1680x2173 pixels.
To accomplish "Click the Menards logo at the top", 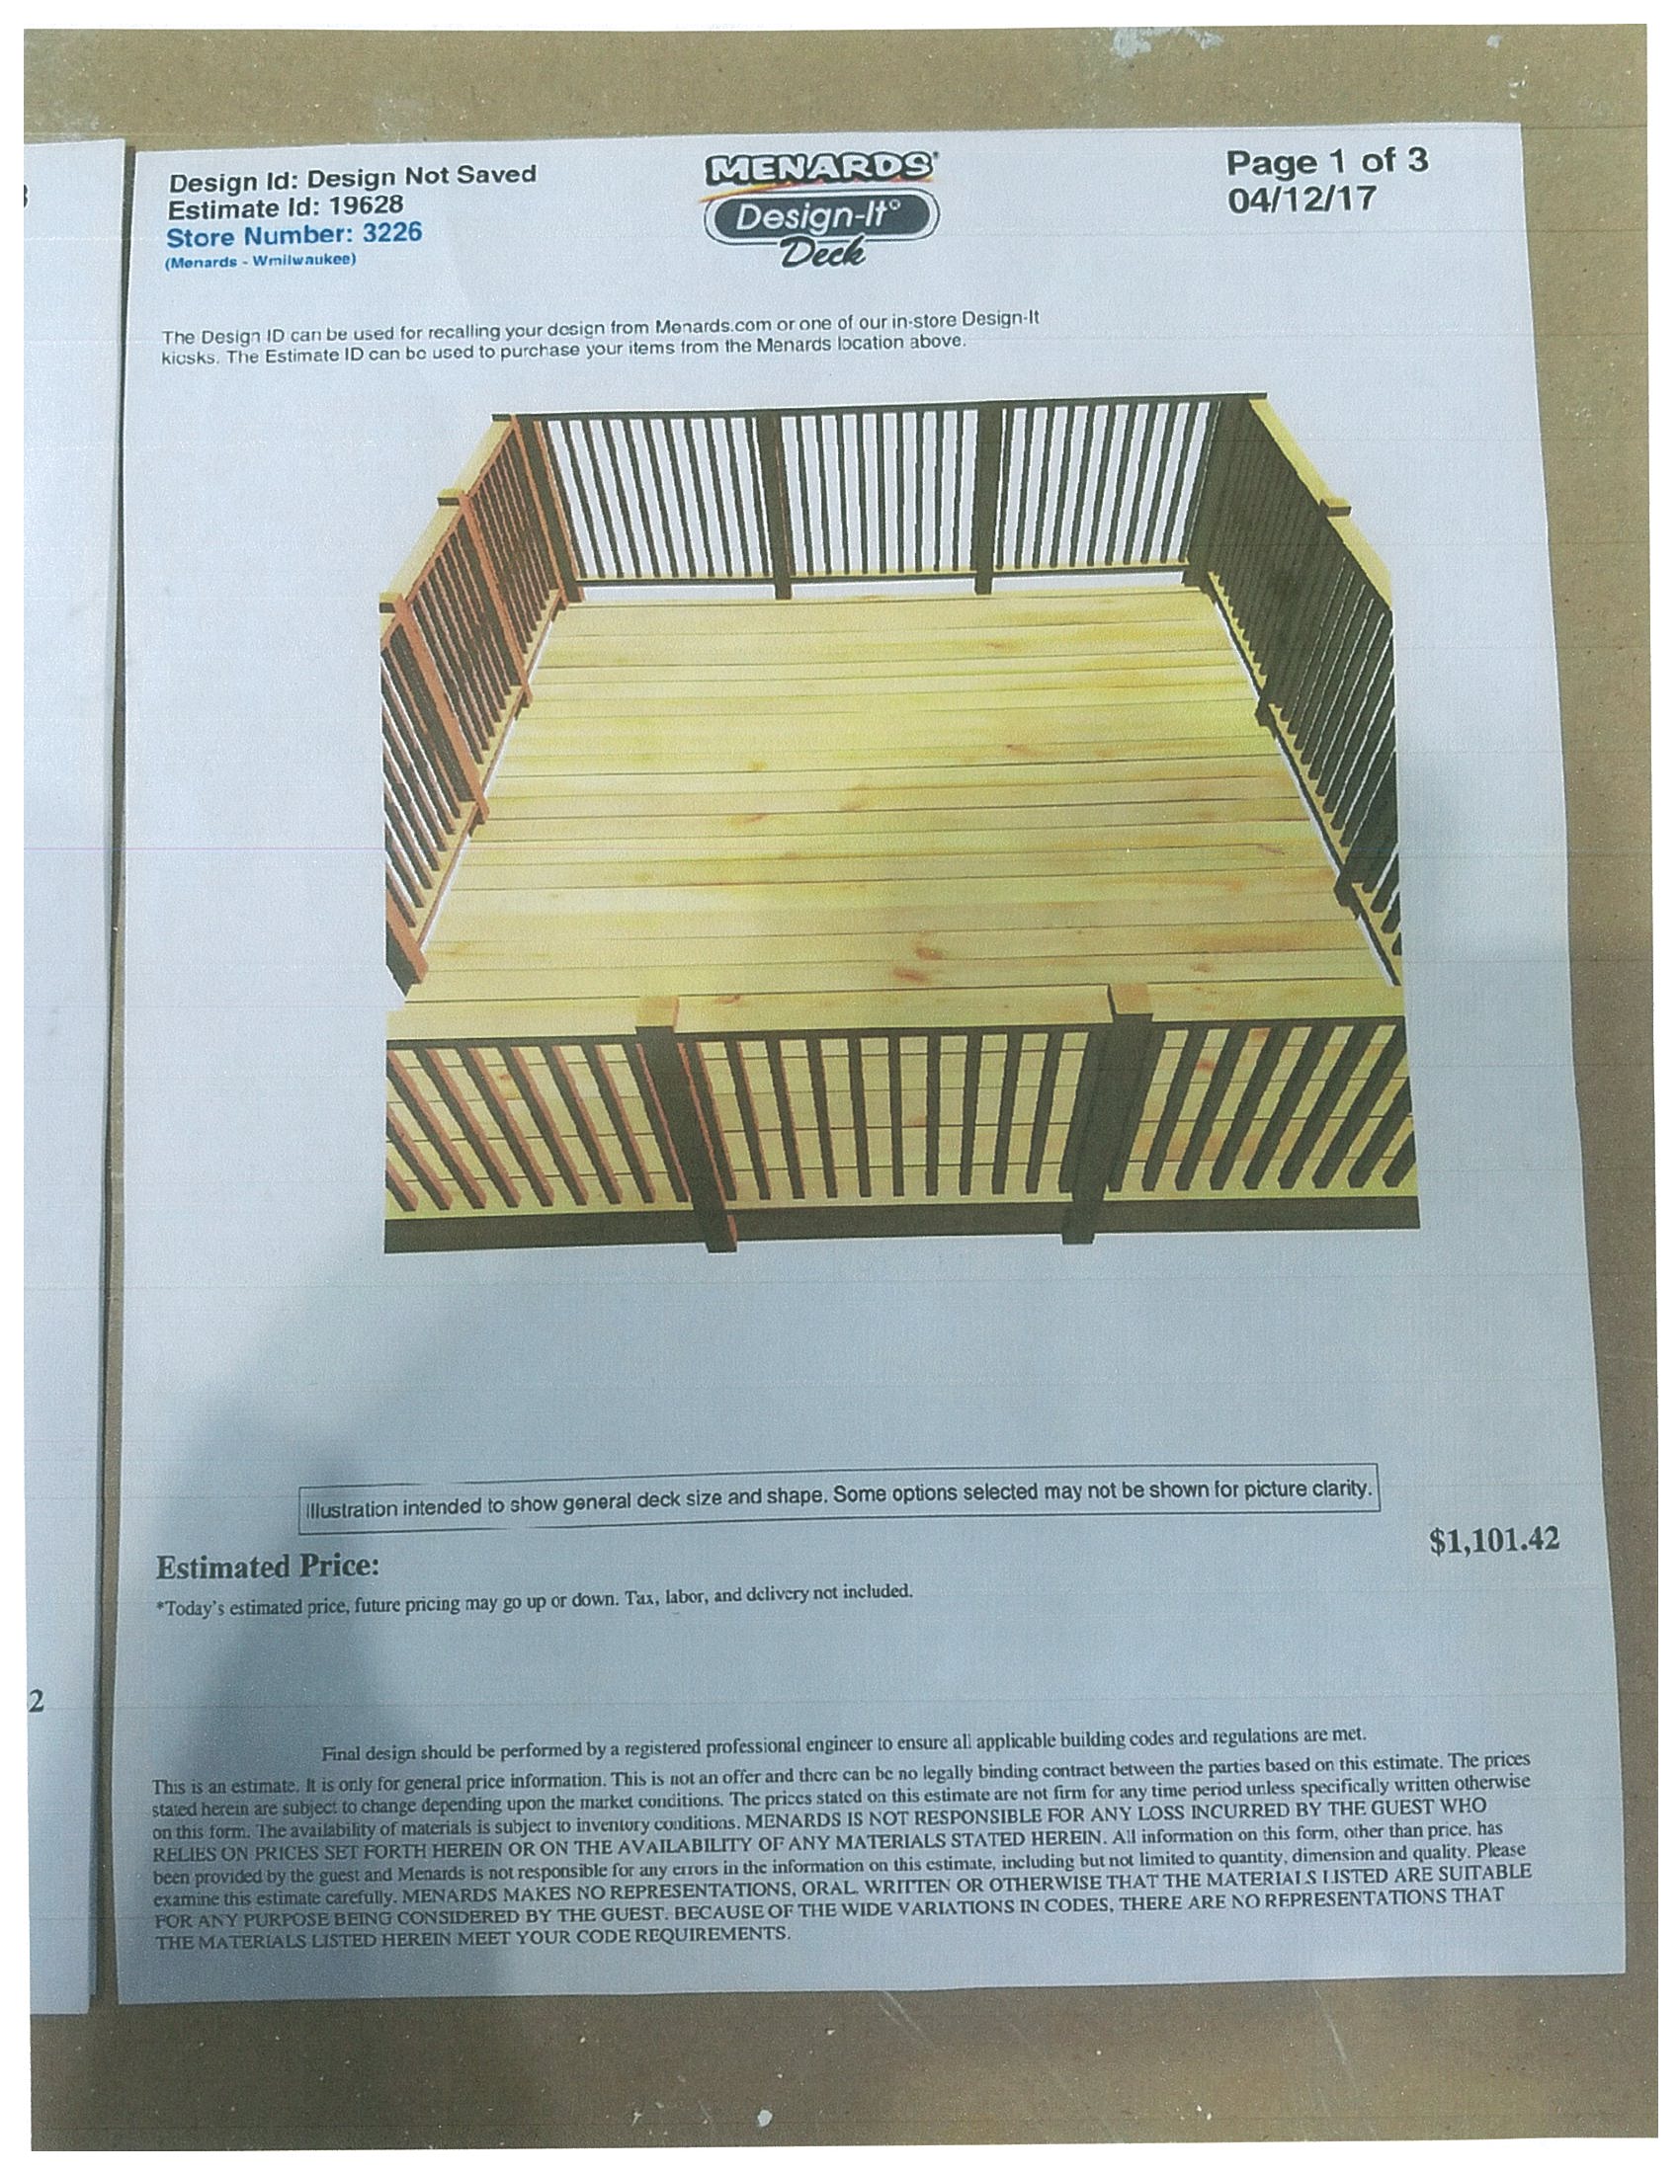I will pyautogui.click(x=820, y=168).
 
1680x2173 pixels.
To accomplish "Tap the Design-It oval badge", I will pyautogui.click(x=821, y=217).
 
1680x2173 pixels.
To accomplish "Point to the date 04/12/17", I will pyautogui.click(x=1301, y=199).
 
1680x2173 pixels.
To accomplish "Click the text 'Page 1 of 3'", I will pyautogui.click(x=1325, y=161).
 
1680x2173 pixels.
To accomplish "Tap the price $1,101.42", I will pyautogui.click(x=1494, y=1541).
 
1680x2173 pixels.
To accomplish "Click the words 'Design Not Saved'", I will pyautogui.click(x=421, y=176).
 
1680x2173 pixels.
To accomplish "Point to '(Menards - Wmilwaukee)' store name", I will pyautogui.click(x=261, y=261).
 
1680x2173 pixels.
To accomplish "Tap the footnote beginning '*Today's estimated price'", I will pyautogui.click(x=535, y=1604).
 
